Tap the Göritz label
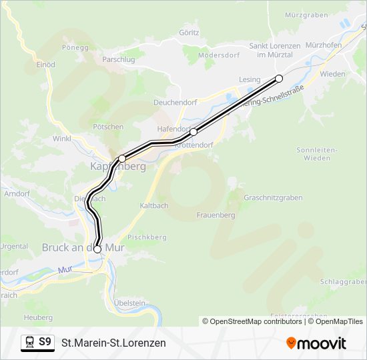(190, 31)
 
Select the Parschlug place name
(119, 59)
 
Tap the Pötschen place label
(108, 126)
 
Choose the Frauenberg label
(216, 215)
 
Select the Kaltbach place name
(154, 205)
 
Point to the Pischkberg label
(147, 237)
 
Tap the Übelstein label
(129, 303)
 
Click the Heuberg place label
(38, 317)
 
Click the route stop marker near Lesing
(279, 79)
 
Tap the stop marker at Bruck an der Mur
(98, 249)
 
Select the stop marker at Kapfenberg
(122, 159)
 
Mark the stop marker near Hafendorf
(194, 132)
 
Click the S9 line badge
(38, 343)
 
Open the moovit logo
(316, 343)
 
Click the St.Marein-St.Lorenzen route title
(114, 343)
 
